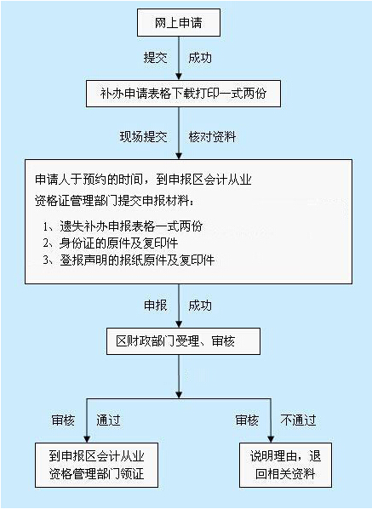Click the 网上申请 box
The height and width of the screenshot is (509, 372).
179,22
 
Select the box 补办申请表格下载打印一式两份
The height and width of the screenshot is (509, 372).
183,94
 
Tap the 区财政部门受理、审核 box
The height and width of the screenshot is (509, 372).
183,341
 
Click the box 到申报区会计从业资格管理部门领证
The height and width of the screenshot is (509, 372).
96,465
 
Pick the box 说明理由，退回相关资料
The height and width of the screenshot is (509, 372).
285,465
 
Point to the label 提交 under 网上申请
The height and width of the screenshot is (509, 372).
155,58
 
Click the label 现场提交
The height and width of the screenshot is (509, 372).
143,137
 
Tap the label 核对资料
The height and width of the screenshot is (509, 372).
212,137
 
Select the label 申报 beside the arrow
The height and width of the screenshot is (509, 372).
155,306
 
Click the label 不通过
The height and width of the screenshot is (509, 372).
298,420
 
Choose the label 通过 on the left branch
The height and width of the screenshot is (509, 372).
108,420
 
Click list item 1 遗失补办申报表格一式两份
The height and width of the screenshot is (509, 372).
123,226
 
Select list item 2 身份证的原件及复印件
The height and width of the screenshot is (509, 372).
111,243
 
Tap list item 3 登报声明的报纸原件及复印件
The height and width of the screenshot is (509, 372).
129,260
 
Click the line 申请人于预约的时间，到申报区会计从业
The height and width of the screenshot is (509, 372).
143,180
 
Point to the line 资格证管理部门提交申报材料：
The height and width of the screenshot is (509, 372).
114,201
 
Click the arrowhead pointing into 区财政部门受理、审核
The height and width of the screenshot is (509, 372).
179,324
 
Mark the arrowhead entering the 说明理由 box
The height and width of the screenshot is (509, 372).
271,439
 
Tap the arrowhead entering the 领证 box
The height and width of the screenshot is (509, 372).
87,439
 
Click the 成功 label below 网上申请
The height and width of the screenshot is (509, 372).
200,58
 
